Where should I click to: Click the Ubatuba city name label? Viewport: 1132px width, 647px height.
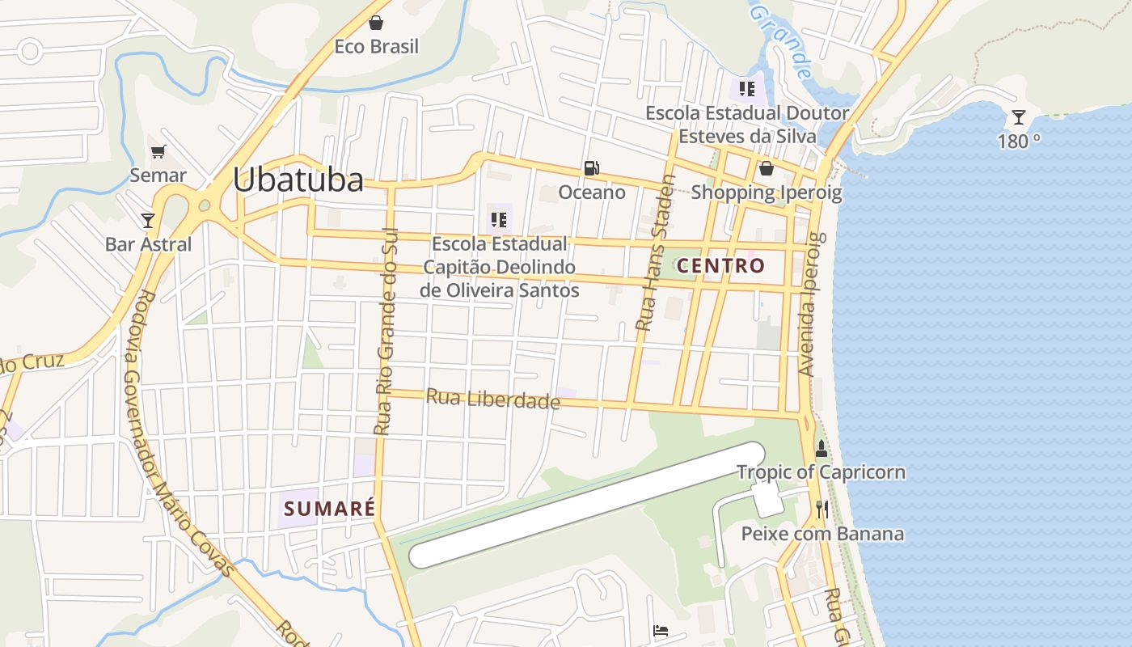tap(298, 180)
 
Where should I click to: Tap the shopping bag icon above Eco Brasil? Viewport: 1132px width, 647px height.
tap(376, 23)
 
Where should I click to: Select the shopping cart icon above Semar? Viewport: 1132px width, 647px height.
tap(158, 151)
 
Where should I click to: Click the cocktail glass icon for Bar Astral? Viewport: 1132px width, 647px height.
tap(148, 220)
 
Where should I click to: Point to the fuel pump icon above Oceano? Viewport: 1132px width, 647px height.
tap(592, 168)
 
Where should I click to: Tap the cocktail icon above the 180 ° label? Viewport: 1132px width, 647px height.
tap(1019, 118)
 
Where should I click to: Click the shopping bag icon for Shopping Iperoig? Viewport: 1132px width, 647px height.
tap(766, 168)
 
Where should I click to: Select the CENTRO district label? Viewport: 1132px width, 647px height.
tap(720, 265)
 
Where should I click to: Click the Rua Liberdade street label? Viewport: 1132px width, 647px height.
tap(492, 398)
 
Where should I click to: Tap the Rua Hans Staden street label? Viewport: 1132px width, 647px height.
tap(655, 252)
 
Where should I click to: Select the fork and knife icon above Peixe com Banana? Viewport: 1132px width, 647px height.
tap(822, 509)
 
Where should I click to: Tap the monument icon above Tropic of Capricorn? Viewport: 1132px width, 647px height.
tap(822, 448)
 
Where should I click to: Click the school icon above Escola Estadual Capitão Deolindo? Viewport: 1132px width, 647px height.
tap(498, 219)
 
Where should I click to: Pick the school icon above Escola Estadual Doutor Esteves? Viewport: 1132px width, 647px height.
tap(746, 88)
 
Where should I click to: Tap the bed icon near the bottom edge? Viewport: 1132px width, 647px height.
tap(661, 630)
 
